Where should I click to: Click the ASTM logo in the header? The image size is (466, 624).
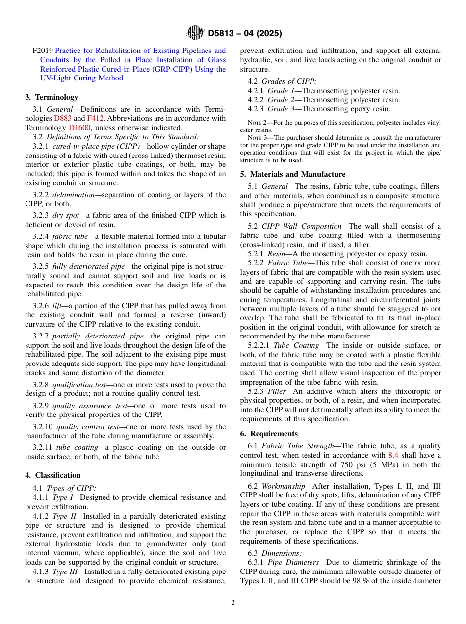195,33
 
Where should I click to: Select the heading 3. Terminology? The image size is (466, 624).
52,97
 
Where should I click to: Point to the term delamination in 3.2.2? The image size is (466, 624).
73,195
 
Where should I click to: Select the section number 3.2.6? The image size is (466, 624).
41,306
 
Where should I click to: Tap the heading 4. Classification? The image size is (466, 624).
53,475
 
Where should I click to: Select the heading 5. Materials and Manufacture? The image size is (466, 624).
293,174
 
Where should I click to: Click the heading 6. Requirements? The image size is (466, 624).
269,434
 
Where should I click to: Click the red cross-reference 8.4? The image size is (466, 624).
393,455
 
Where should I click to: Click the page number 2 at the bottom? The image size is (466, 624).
233,603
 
